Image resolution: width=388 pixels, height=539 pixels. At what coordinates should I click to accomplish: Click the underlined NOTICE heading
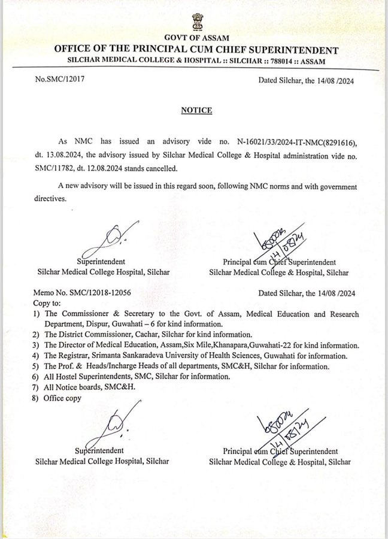(196, 110)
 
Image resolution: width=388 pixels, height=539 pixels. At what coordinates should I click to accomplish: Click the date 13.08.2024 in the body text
(62, 156)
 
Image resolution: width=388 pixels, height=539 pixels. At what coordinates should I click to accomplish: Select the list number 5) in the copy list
(37, 366)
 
